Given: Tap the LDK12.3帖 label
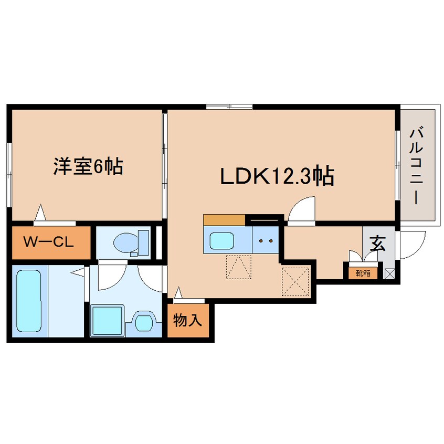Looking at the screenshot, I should click(277, 177).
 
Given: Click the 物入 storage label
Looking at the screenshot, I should click(187, 320).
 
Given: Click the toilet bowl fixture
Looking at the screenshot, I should click(128, 243).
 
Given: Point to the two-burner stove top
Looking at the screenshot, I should click(265, 240).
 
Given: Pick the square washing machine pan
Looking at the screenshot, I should click(107, 320).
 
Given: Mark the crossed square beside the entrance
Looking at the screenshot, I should click(390, 273).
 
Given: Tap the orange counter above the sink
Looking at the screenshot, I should click(224, 220).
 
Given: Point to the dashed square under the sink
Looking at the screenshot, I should click(239, 267).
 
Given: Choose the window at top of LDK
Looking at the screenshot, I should click(229, 108).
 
